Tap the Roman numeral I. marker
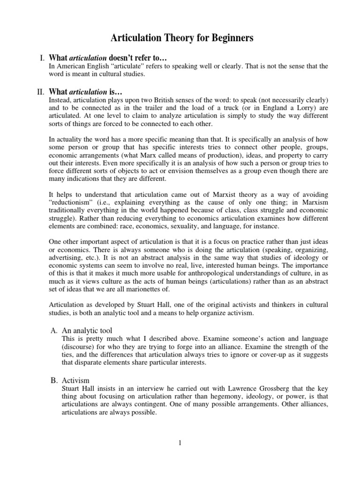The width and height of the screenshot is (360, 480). click(41, 58)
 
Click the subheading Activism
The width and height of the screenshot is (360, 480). click(76, 380)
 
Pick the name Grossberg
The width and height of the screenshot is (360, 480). click(258, 389)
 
